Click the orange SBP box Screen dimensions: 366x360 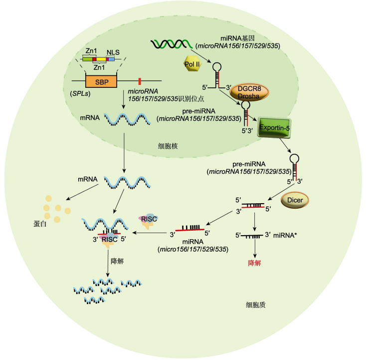(x=101, y=82)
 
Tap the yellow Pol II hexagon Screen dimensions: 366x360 (x=192, y=63)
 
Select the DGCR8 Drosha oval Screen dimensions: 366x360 (x=249, y=92)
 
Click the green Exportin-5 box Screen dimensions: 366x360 (x=274, y=128)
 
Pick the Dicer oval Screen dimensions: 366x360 (x=295, y=200)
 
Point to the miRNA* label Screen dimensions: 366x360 (x=285, y=235)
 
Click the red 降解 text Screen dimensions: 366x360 (x=254, y=263)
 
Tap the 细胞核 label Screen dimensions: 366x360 (x=168, y=146)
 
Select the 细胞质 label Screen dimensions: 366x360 (x=256, y=305)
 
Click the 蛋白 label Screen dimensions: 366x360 (x=40, y=224)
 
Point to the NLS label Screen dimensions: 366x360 (x=113, y=52)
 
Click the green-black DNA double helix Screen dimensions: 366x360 (x=172, y=44)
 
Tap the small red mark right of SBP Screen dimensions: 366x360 (x=140, y=81)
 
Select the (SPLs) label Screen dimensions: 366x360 (x=80, y=93)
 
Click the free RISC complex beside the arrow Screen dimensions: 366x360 (x=149, y=221)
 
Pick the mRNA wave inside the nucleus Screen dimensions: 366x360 (x=127, y=119)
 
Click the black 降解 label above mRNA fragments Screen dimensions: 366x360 (x=117, y=261)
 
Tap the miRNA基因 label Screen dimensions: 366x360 (x=237, y=38)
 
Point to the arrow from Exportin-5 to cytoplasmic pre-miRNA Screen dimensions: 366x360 (x=285, y=145)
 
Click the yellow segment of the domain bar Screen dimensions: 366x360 (x=101, y=59)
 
